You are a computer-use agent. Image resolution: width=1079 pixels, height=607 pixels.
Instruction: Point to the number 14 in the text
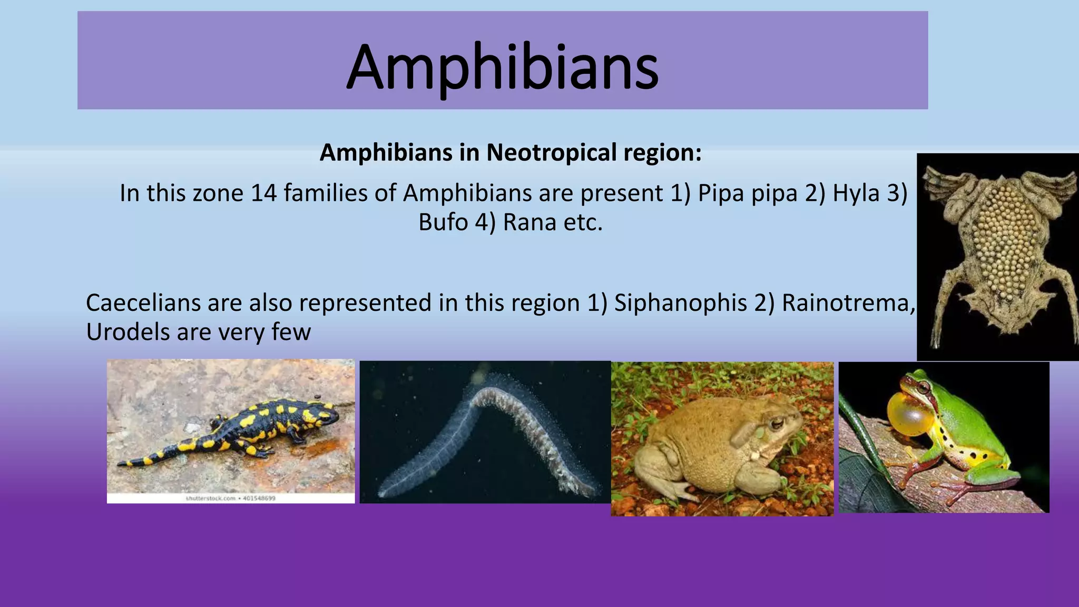(263, 193)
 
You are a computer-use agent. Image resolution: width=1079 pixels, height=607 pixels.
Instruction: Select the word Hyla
(856, 193)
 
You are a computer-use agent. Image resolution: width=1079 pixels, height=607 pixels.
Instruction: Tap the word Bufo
(443, 222)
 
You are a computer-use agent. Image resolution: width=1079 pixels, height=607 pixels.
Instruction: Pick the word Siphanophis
(680, 303)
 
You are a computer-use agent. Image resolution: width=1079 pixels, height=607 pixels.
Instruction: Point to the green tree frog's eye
(923, 388)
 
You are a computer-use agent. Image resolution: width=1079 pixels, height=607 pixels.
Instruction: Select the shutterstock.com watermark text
(230, 498)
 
